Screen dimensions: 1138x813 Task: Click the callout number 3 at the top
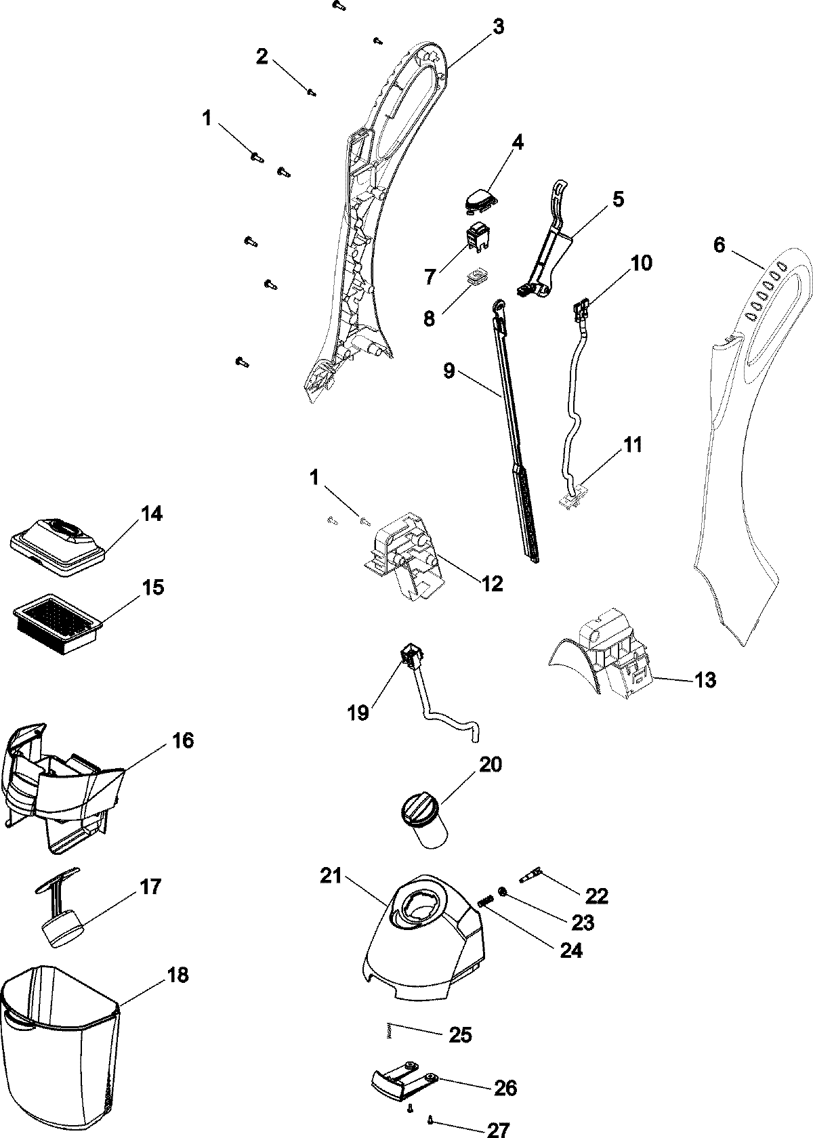point(498,27)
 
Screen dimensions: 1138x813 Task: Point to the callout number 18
point(178,975)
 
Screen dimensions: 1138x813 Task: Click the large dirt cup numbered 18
point(60,1057)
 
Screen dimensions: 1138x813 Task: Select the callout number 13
point(705,679)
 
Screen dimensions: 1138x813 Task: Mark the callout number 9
point(449,372)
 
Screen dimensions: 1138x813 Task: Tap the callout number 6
point(719,245)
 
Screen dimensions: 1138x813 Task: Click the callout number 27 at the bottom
point(497,1129)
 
